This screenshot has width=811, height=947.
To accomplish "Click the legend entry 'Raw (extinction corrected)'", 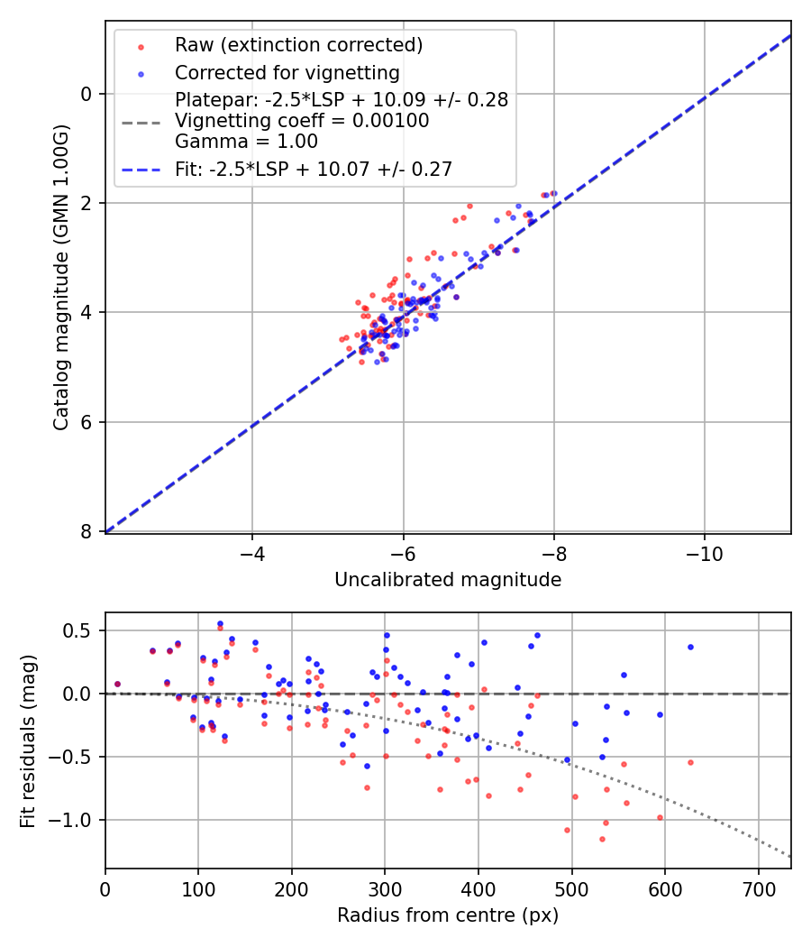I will point(298,45).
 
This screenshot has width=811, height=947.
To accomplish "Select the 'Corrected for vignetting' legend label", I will point(287,73).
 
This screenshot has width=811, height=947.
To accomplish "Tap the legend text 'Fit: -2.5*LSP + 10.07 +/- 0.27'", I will point(313,169).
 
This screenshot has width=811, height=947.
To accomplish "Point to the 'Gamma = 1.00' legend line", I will point(246,142).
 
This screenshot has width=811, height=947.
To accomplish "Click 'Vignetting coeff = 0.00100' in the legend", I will point(302,121).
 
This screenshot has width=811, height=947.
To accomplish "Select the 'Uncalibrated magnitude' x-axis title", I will point(448,580).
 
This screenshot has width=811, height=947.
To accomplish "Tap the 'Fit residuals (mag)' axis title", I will point(28,740).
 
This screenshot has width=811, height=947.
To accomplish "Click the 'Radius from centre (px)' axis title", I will point(448,915).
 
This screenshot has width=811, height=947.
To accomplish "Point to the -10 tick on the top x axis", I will point(704,552).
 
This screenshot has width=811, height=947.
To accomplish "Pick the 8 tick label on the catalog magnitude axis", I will point(87,532).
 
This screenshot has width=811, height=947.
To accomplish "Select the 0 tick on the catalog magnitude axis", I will point(87,94).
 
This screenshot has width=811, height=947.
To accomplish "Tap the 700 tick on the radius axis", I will point(758,887).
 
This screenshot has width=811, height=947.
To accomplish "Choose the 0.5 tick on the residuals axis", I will point(82,630).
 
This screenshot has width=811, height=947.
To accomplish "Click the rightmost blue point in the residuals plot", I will point(690,647).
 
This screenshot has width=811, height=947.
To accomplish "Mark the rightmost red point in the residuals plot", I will point(690,762).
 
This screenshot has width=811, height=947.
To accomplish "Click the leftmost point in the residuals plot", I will point(117,684).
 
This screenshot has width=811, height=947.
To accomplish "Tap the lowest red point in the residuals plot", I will point(602,839).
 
